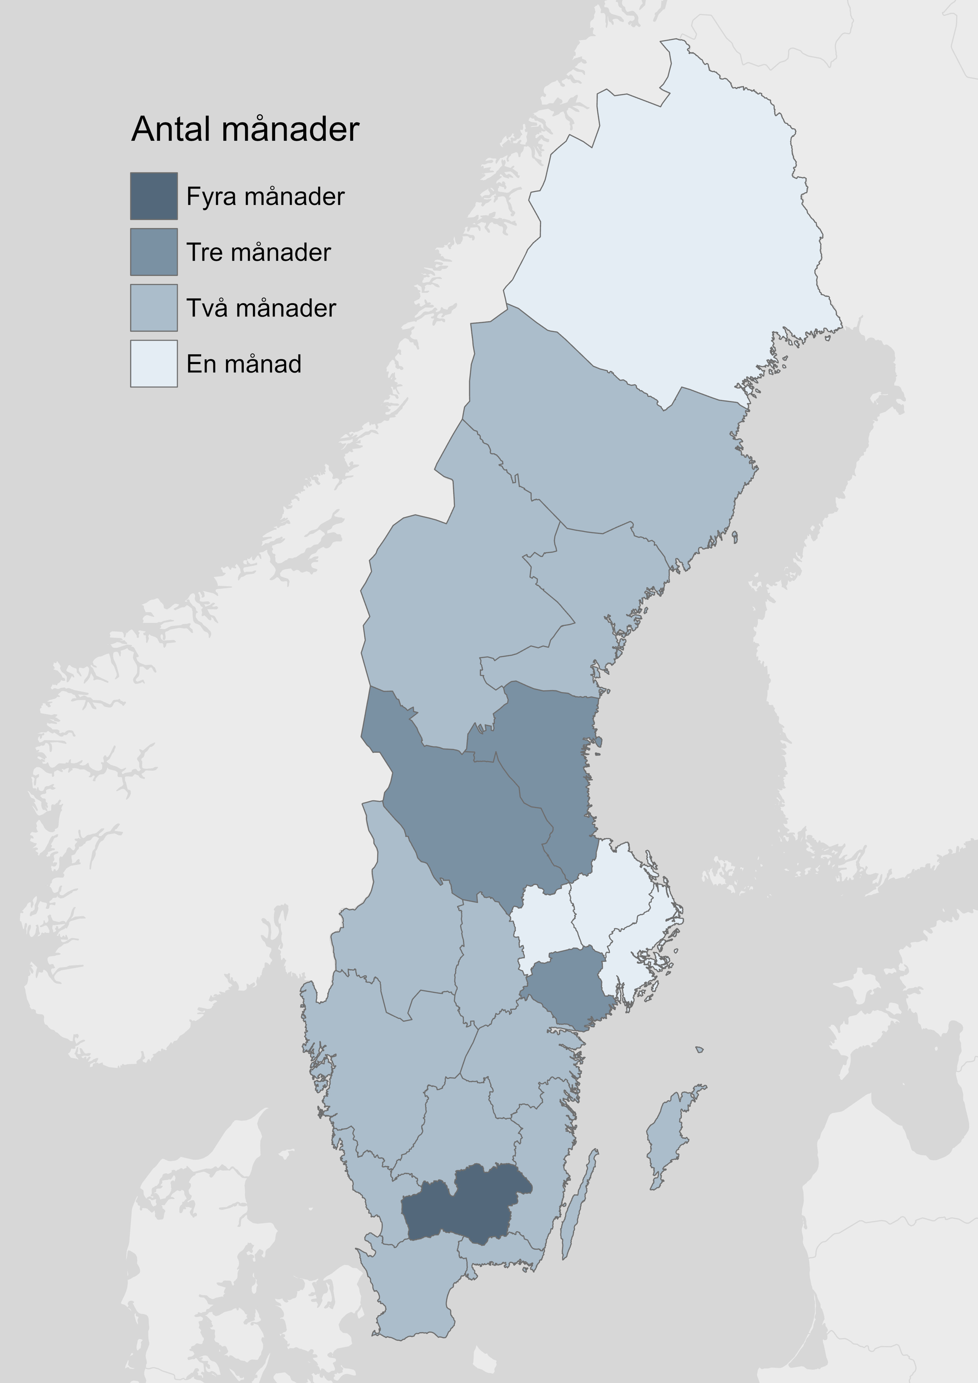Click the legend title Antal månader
point(245,129)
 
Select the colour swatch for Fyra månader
point(153,196)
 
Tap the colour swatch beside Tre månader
point(153,252)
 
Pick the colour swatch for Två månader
point(153,308)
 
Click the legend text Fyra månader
point(265,196)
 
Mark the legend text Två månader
point(261,308)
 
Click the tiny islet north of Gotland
point(698,1050)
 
